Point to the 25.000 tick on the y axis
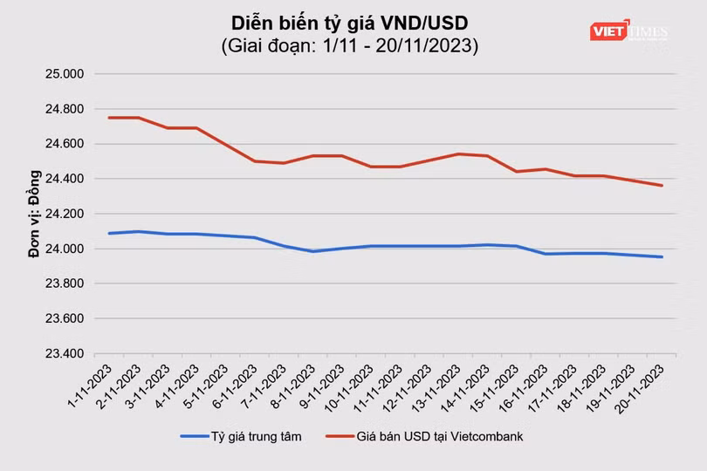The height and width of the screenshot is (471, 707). [63, 74]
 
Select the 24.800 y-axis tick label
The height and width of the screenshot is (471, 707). [63, 109]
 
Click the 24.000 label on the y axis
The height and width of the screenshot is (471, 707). [63, 249]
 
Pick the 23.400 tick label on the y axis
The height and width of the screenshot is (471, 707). [63, 354]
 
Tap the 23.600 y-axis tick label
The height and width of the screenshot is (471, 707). [63, 319]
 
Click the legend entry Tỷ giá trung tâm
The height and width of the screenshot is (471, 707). [241, 436]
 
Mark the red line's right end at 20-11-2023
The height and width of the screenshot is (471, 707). [662, 185]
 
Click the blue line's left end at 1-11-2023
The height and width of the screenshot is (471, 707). [109, 233]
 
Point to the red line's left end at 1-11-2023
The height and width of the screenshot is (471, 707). [109, 118]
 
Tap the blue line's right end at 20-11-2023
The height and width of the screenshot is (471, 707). [662, 256]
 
